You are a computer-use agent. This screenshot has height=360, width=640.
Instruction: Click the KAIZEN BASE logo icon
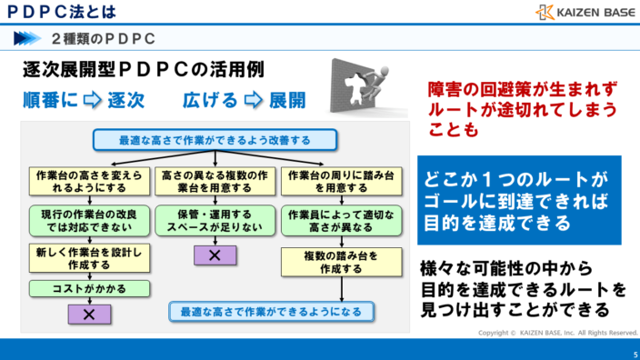545,12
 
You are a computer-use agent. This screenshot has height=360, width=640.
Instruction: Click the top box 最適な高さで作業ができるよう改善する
215,140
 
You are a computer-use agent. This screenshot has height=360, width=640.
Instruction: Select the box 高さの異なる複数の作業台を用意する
215,181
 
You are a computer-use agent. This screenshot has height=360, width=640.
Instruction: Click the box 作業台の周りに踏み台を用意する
342,181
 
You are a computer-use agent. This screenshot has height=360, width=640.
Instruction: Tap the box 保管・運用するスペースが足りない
215,220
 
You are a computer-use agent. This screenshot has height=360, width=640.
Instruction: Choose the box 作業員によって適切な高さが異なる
342,220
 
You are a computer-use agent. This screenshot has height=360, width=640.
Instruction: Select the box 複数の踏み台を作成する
342,262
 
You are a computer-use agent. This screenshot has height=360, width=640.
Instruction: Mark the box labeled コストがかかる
88,288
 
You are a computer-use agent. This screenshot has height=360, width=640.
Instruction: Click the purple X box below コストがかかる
89,314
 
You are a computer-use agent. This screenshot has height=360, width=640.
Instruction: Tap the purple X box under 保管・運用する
215,255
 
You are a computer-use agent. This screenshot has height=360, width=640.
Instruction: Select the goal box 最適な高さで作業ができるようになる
271,312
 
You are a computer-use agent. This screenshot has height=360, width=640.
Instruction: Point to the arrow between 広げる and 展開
254,100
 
